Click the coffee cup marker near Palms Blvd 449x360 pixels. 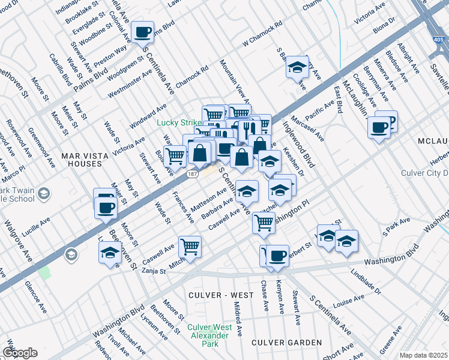point(143,32)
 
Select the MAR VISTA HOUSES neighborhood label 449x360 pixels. point(85,160)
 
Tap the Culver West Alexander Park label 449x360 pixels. point(208,331)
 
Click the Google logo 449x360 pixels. point(19,353)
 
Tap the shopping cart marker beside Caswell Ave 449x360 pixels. point(190,246)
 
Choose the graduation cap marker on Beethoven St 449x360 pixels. point(110,253)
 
